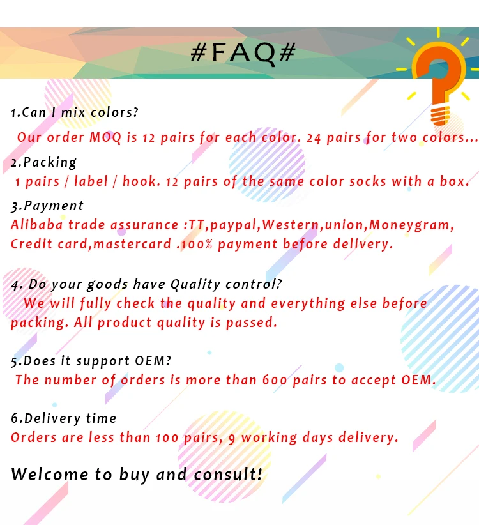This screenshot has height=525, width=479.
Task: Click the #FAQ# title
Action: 243,53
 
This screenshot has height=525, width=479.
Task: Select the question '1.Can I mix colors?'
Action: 75,113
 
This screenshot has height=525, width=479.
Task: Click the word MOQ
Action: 107,137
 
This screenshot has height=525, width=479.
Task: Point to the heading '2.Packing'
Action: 44,162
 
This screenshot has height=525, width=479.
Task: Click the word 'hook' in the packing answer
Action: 139,181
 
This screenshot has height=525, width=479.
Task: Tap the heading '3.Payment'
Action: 47,206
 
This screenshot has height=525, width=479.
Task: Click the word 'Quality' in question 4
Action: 193,284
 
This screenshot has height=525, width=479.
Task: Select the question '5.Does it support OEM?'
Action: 91,361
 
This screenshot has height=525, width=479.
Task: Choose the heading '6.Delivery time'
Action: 64,418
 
